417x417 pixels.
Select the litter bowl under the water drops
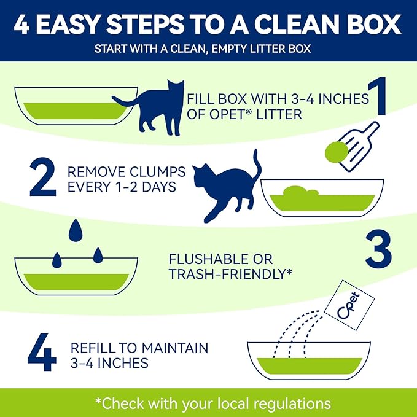pyautogui.click(x=74, y=277)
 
